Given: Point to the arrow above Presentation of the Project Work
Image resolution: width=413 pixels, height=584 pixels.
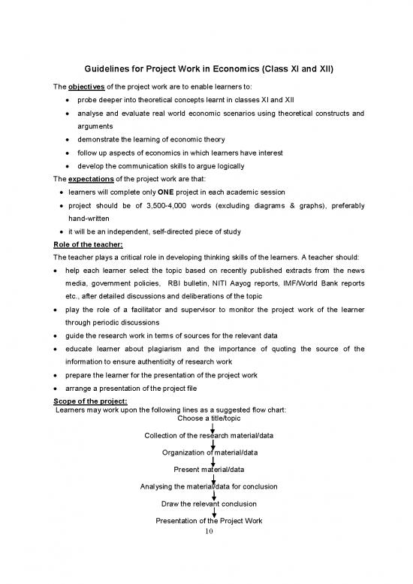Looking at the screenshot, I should point(214,513).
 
